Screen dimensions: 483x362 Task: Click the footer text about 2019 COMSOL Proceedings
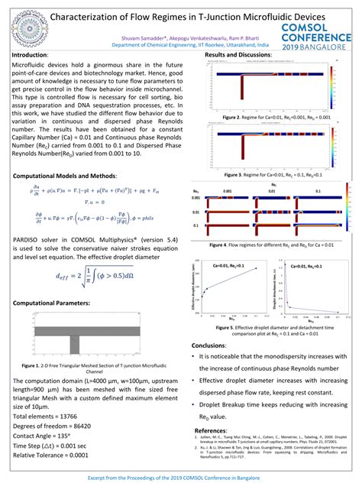pos(180,475)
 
